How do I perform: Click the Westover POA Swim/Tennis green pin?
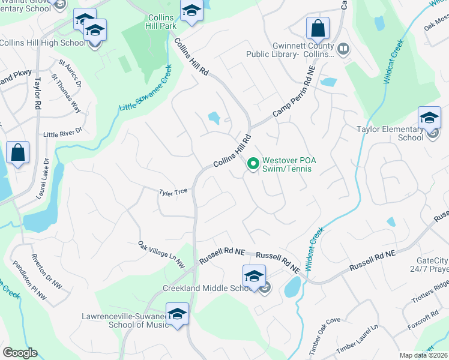(x=253, y=163)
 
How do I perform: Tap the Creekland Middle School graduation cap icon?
(x=254, y=277)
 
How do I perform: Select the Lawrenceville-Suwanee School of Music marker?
(x=177, y=314)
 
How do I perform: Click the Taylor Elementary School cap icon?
(x=429, y=118)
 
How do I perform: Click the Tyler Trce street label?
(x=173, y=192)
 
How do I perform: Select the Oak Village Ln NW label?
(x=161, y=254)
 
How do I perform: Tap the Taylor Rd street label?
(x=37, y=92)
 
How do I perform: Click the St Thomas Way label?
(x=66, y=94)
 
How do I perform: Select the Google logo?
(x=20, y=353)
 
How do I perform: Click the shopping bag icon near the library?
(x=318, y=28)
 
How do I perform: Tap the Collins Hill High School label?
(x=43, y=43)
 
